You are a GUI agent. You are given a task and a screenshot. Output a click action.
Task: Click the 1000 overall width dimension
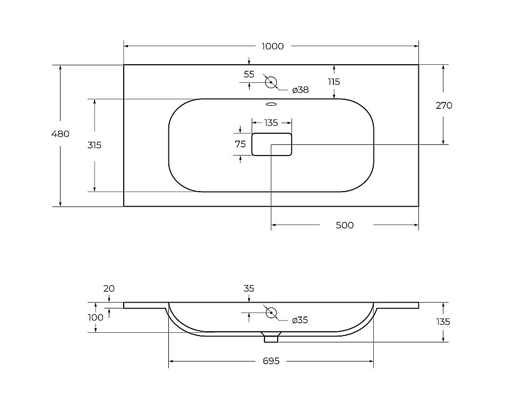pos(272,46)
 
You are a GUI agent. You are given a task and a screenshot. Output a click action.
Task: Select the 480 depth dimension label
pos(61,134)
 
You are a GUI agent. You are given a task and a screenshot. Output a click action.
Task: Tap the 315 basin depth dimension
pos(95,145)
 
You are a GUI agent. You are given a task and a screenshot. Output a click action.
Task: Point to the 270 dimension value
pos(443,106)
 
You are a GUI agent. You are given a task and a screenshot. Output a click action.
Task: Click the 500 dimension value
pos(345,225)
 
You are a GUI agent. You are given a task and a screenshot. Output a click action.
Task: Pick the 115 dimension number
pos(334,82)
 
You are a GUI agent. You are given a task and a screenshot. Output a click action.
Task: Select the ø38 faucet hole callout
pos(301,90)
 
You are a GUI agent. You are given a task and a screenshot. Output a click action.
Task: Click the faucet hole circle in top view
pos(271,82)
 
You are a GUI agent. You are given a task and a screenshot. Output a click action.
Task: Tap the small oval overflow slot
pos(271,104)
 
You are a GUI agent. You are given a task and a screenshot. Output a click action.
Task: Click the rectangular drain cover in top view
pos(271,144)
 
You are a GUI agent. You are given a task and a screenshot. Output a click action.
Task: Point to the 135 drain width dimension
pos(271,123)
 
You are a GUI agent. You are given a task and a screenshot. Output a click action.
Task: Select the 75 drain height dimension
pos(240,144)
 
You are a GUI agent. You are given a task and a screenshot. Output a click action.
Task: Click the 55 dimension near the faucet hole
pos(249,74)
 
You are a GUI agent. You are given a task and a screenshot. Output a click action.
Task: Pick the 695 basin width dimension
pos(271,361)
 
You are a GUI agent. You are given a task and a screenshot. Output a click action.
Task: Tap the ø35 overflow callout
pos(300,320)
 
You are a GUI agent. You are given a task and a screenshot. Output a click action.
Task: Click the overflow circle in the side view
pos(271,313)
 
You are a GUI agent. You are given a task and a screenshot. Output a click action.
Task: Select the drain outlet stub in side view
pos(271,338)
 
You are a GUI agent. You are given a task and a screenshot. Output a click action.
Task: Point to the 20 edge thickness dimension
pos(109,289)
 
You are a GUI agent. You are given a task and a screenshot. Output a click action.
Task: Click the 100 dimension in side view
pos(96,317)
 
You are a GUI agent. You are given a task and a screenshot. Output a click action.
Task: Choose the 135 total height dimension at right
pos(443,322)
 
